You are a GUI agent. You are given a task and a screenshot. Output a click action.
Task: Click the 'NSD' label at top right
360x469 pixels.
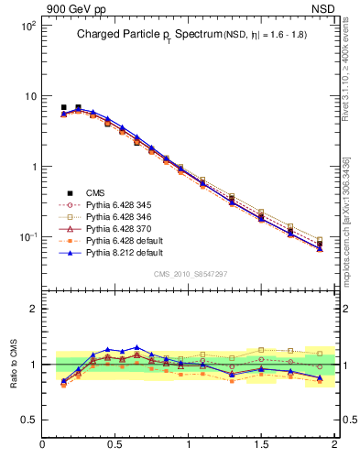(x=324, y=8)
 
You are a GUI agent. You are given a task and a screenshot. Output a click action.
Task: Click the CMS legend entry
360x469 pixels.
(x=95, y=192)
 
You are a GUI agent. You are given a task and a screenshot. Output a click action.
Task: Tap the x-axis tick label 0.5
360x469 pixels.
(x=115, y=445)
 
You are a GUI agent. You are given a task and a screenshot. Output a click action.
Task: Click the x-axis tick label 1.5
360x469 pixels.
(x=261, y=445)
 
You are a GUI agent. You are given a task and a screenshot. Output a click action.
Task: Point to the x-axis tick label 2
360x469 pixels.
(x=333, y=445)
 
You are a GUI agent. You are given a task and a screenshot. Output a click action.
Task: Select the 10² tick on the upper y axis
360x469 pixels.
(x=27, y=27)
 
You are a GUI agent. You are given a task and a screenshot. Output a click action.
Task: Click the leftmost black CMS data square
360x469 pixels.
(x=63, y=108)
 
